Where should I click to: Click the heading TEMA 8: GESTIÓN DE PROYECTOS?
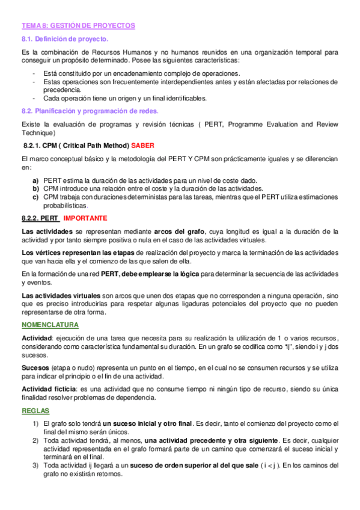pyautogui.click(x=78, y=26)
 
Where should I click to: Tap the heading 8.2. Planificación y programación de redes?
pyautogui.click(x=90, y=111)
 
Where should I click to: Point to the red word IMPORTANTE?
pyautogui.click(x=85, y=218)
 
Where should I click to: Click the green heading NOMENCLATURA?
pyautogui.click(x=50, y=325)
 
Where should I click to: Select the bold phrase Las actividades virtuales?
pyautogui.click(x=61, y=296)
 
